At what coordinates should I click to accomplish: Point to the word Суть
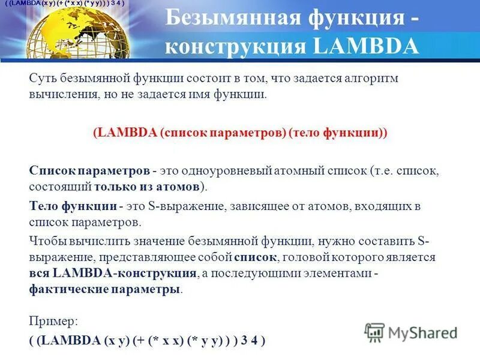point(43,79)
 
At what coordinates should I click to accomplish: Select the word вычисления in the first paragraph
point(59,95)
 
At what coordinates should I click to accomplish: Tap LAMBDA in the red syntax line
point(126,133)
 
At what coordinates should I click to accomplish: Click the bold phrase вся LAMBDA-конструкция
point(113,273)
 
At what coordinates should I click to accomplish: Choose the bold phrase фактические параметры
point(104,289)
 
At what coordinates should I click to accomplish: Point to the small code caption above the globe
point(64,4)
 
